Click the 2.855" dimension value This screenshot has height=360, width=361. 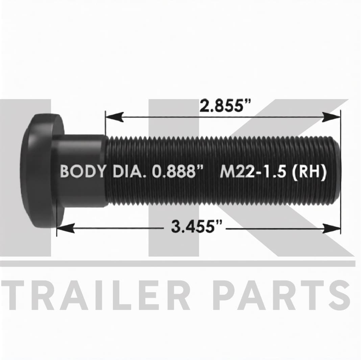click(x=224, y=106)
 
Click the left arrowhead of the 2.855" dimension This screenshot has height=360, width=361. click(x=115, y=117)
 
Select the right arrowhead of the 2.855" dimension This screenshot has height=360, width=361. click(x=331, y=117)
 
